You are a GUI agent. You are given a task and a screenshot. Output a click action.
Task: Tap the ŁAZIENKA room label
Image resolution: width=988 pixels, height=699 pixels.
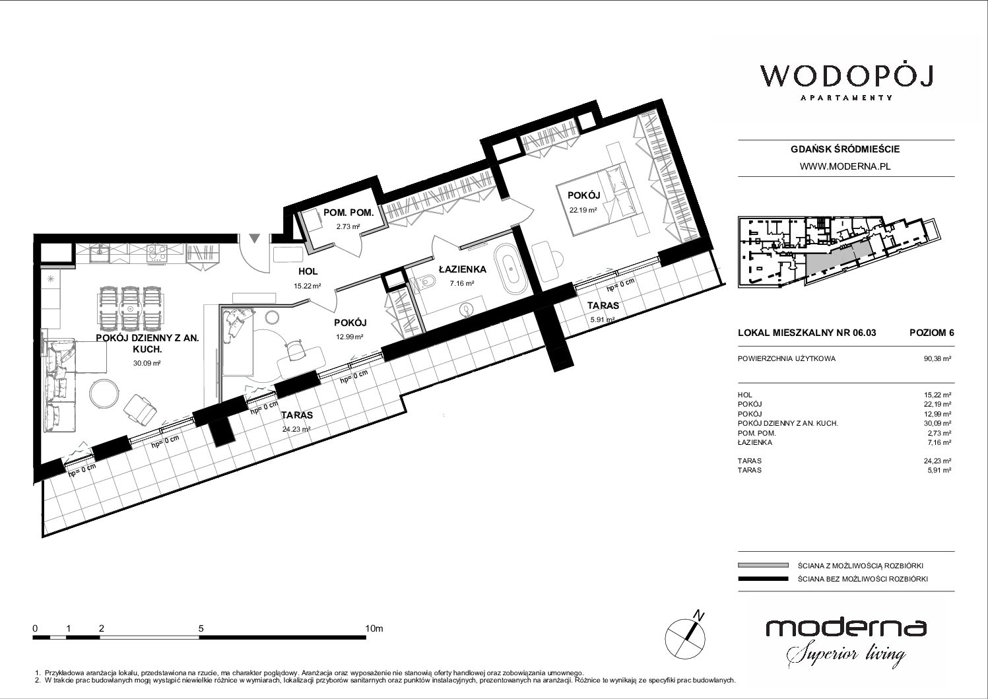pos(462,269)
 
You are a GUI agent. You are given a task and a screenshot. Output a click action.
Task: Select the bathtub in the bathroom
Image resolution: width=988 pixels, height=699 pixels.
pos(511,269)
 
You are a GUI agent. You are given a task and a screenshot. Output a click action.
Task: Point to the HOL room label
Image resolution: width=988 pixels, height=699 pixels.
pos(308,272)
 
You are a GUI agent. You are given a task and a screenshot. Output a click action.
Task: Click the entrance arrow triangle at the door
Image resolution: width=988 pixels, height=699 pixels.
pos(255,238)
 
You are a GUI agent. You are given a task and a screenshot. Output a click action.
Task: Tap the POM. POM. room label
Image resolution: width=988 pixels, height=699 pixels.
pos(348,213)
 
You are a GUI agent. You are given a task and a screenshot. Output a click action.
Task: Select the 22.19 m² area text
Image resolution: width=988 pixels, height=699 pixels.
pos(583,210)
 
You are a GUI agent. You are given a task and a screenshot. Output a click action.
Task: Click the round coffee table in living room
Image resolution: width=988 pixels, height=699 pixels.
pos(104,395)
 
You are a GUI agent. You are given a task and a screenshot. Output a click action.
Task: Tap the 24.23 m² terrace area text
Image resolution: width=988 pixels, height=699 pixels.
pos(296,428)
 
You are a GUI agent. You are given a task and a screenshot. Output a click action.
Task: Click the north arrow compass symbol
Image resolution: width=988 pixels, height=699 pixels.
pos(686,636)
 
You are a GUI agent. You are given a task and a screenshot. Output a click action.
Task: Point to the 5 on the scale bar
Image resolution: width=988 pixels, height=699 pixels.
pos(201,628)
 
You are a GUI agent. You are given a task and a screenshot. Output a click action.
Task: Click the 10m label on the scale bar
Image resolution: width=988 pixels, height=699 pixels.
pos(374,628)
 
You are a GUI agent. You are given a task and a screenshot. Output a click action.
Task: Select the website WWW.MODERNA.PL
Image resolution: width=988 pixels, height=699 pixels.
pos(845,166)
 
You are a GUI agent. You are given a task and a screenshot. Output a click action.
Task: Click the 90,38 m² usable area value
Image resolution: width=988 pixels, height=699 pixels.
pos(937,358)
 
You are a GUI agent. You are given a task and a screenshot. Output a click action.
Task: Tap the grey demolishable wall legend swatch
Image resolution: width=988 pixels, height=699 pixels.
pos(763,565)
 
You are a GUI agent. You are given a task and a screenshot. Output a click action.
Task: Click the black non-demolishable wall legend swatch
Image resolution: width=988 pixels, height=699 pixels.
pos(763,579)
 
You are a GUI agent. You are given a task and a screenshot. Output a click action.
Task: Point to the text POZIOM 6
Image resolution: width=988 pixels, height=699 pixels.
pos(931,333)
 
